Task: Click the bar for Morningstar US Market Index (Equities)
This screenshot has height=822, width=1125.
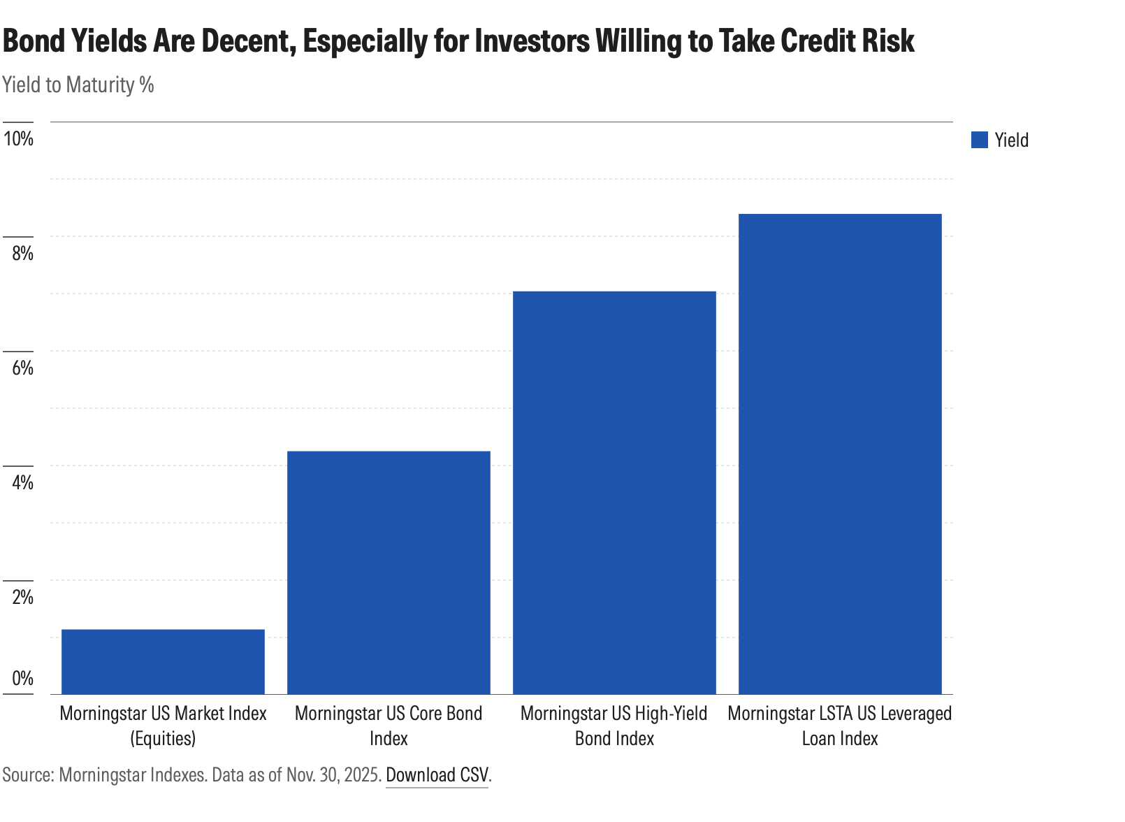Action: tap(163, 661)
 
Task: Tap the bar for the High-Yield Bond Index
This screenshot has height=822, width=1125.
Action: tap(614, 492)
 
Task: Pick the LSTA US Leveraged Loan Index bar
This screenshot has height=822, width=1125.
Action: tap(840, 454)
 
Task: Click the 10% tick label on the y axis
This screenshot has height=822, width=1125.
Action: tap(19, 138)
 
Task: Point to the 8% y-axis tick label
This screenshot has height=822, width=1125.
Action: tap(22, 253)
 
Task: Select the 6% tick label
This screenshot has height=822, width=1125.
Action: tap(22, 368)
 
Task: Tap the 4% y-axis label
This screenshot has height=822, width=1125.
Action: tap(22, 482)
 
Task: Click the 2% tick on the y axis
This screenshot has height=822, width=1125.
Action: tap(22, 597)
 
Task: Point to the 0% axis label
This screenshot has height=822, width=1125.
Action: tap(22, 677)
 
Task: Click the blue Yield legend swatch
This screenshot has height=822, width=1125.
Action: tap(979, 140)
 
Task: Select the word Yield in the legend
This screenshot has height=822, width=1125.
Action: tap(1011, 140)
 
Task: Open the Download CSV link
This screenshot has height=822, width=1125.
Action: tap(437, 774)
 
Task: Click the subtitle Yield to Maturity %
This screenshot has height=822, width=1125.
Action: tap(78, 85)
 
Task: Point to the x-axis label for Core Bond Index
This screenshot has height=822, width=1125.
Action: tap(389, 726)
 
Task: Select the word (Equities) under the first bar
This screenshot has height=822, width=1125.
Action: tap(163, 738)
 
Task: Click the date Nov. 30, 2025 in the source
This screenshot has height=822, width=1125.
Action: tap(333, 774)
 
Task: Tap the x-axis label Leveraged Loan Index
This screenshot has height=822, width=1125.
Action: tap(840, 726)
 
